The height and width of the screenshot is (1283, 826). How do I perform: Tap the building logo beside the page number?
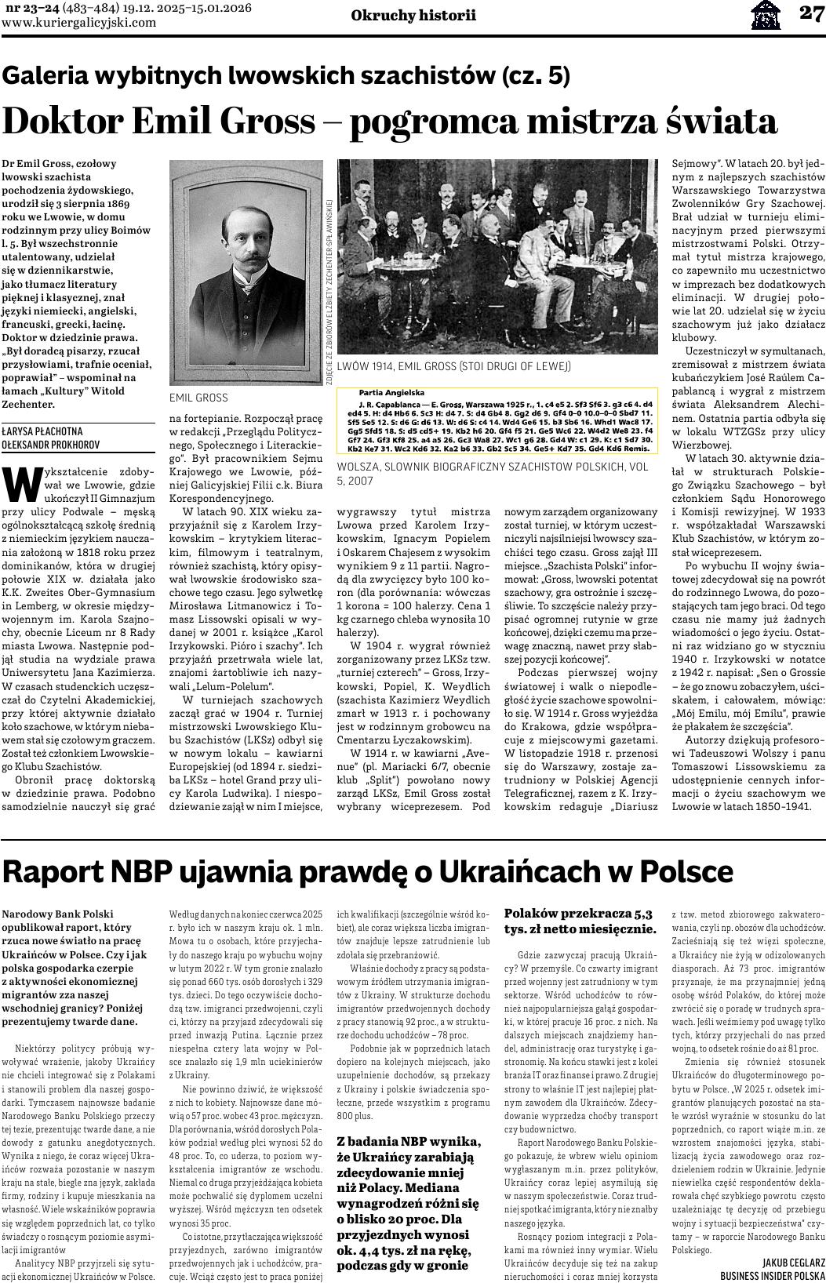766,14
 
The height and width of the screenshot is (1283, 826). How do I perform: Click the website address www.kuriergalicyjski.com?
78,23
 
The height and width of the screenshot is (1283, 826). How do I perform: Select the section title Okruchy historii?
413,15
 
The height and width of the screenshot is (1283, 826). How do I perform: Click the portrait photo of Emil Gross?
246,272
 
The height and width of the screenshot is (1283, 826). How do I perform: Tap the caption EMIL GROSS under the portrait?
198,398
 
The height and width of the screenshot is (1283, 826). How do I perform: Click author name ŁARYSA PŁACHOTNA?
42,431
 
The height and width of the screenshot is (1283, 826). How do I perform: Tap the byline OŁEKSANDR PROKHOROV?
50,445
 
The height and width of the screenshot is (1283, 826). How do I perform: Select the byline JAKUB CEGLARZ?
793,1262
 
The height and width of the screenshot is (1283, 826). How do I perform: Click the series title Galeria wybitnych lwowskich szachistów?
286,75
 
